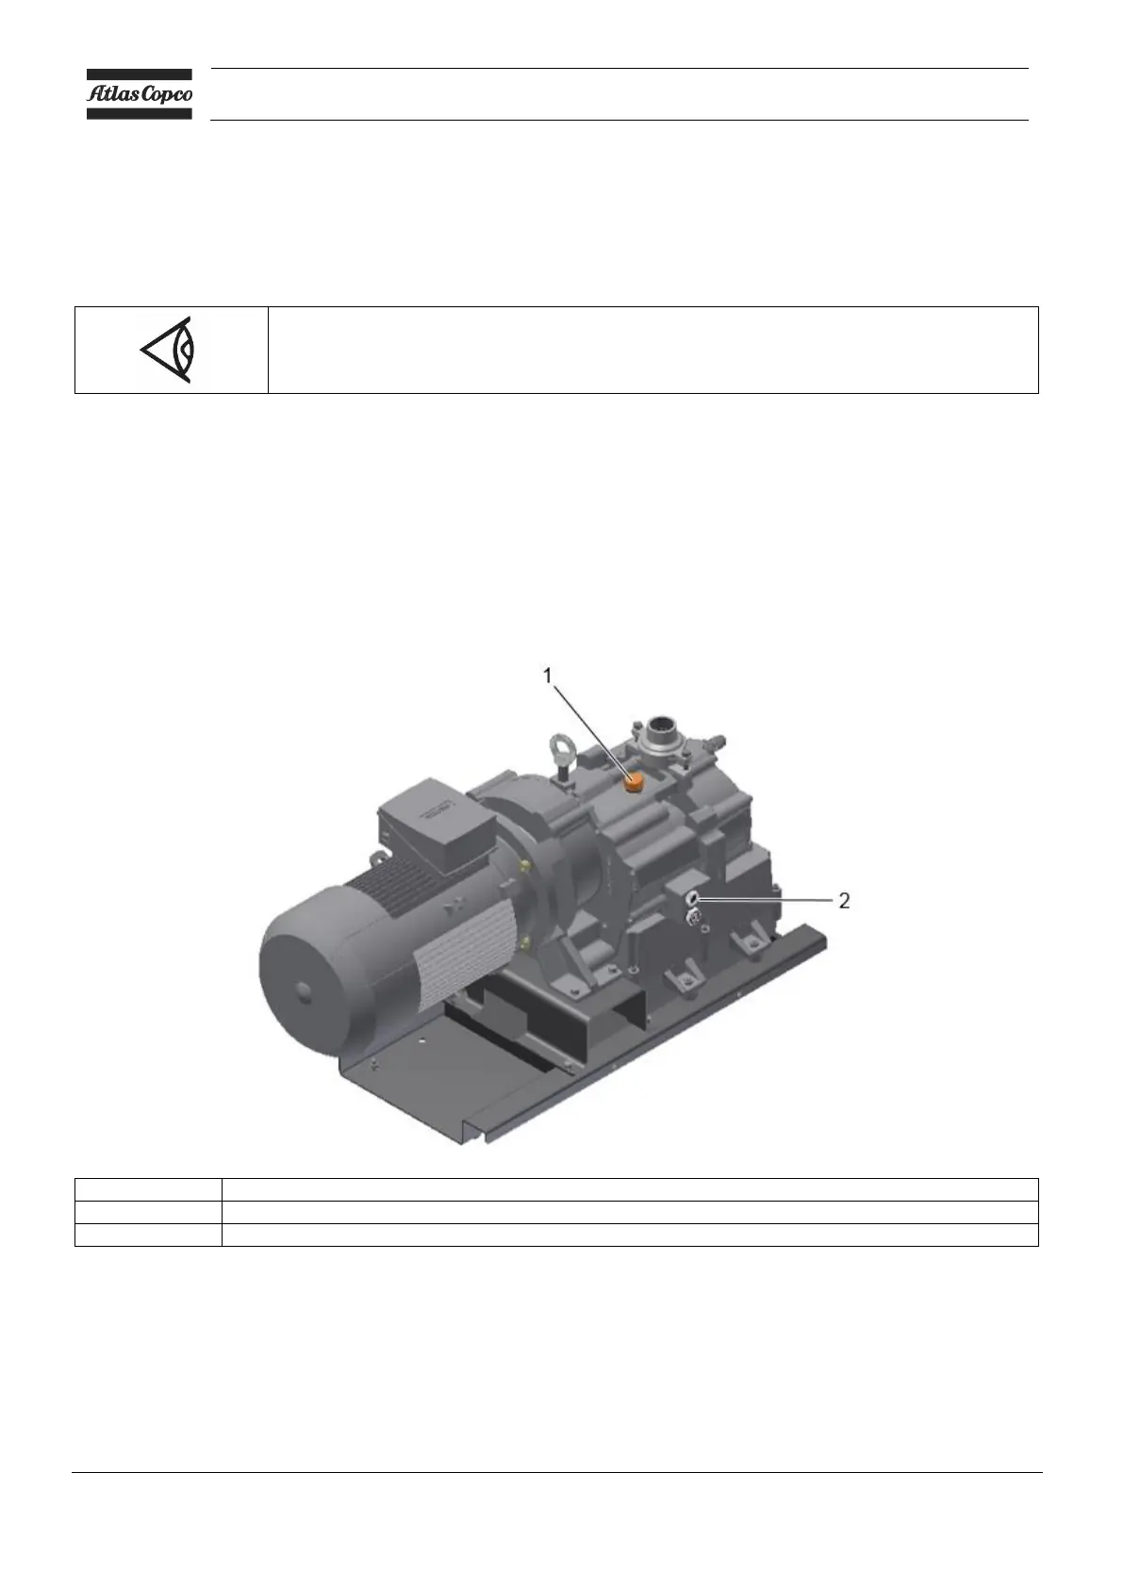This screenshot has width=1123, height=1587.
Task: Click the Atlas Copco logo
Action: pos(139,94)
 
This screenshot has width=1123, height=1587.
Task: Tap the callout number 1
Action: pos(547,676)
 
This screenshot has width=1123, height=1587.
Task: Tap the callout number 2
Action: pos(844,901)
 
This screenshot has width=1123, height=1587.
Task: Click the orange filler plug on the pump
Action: pos(632,783)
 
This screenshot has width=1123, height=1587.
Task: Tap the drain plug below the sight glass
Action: pos(693,918)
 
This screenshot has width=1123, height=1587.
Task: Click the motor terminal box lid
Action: pos(437,808)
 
